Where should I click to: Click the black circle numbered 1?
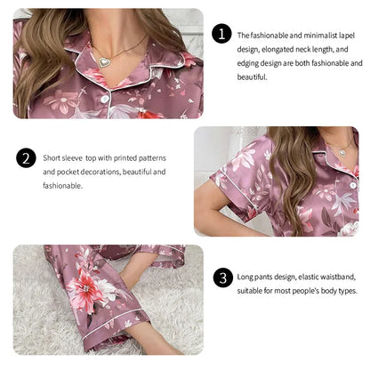pos(221,34)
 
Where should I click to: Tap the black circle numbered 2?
pos(27,158)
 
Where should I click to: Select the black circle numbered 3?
pos(221,277)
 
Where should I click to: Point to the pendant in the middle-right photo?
pos(343,152)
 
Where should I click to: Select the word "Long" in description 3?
pos(246,277)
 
